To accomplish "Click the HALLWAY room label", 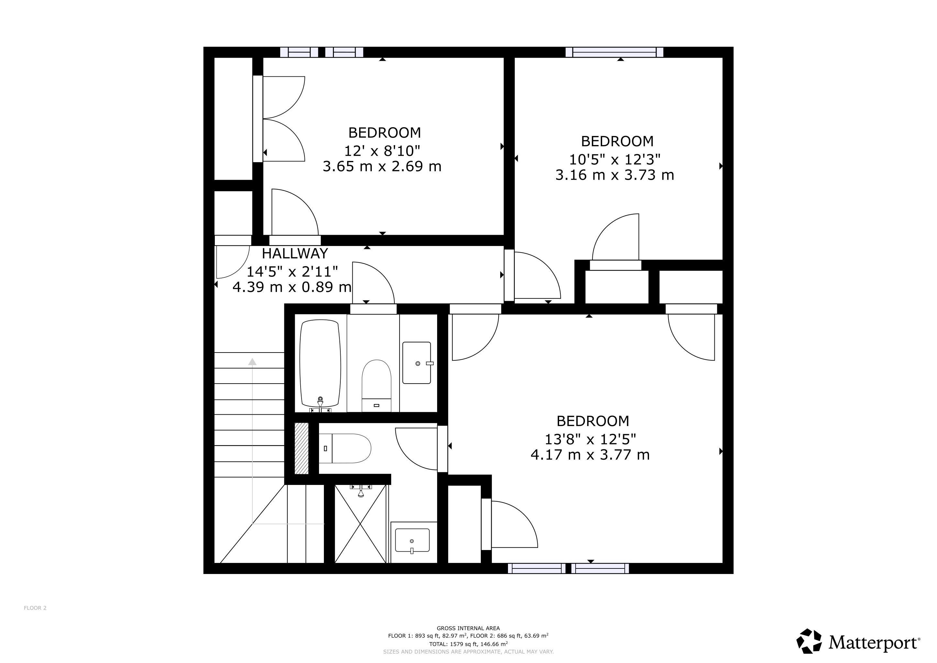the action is [295, 253].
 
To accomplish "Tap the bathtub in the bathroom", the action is [320, 363].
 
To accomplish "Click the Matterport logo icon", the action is [809, 641].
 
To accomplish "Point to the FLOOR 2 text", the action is [35, 608].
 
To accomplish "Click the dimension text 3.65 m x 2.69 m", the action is [382, 167].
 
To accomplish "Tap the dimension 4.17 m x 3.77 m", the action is [590, 455].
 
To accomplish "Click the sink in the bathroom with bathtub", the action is [417, 363].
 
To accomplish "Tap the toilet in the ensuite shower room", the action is [345, 448].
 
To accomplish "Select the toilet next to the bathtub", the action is [376, 385].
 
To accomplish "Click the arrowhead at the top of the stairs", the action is [253, 362].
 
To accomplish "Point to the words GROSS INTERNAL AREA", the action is [468, 628].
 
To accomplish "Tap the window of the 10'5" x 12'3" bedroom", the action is [614, 52].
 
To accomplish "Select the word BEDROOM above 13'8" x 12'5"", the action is [592, 421].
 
